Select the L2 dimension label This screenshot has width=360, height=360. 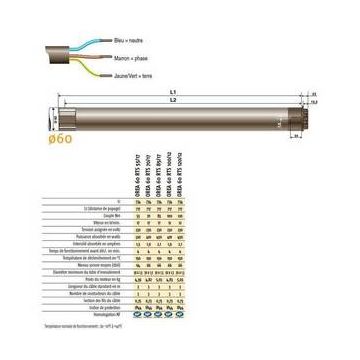[173, 101]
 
